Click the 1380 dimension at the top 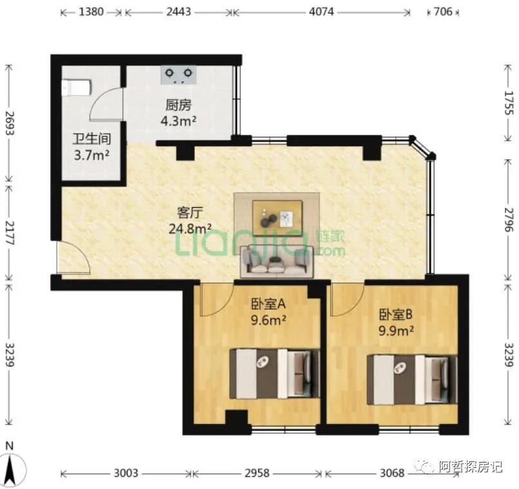91,12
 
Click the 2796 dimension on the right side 509,220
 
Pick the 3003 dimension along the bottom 126,474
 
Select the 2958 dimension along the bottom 258,474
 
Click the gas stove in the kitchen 179,75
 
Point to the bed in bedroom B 411,379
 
